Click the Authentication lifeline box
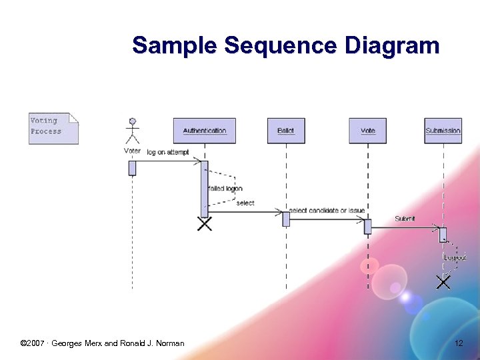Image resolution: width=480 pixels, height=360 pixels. pyautogui.click(x=205, y=131)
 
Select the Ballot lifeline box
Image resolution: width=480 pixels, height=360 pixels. pyautogui.click(x=286, y=131)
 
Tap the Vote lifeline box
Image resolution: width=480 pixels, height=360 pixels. pyautogui.click(x=368, y=131)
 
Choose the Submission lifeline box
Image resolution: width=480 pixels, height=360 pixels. pyautogui.click(x=443, y=131)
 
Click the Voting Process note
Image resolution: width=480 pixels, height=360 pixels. pyautogui.click(x=53, y=127)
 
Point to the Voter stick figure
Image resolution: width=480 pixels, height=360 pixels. pyautogui.click(x=133, y=131)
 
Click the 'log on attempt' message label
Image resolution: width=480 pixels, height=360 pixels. pyautogui.click(x=168, y=153)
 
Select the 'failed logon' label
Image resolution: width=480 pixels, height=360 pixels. pyautogui.click(x=225, y=189)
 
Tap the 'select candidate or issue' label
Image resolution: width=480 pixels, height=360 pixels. pyautogui.click(x=327, y=211)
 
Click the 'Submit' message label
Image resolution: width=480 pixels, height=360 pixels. pyautogui.click(x=405, y=219)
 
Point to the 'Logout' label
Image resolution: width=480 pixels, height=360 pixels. pyautogui.click(x=455, y=257)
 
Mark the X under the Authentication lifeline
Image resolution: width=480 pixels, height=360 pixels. pyautogui.click(x=205, y=224)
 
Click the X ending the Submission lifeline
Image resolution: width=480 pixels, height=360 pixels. pyautogui.click(x=443, y=282)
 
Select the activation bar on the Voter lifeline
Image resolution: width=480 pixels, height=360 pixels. pyautogui.click(x=133, y=168)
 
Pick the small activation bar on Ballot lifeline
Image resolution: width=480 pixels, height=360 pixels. pyautogui.click(x=286, y=219)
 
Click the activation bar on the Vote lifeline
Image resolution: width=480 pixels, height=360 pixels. pyautogui.click(x=367, y=227)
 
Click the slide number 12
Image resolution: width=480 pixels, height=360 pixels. pyautogui.click(x=459, y=343)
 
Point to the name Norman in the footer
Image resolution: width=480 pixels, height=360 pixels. pyautogui.click(x=171, y=343)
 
